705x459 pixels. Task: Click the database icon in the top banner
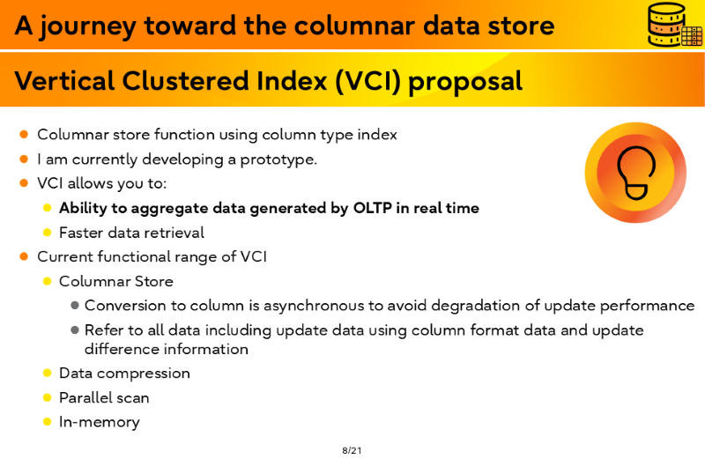pyautogui.click(x=674, y=25)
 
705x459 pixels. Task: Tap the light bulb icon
pyautogui.click(x=635, y=173)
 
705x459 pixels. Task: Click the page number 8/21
pyautogui.click(x=352, y=450)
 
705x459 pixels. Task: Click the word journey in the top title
pyautogui.click(x=87, y=26)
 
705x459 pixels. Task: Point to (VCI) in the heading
pyautogui.click(x=367, y=81)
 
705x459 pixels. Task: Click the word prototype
pyautogui.click(x=278, y=160)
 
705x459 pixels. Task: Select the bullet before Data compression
pyautogui.click(x=48, y=374)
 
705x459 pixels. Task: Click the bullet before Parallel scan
pyautogui.click(x=48, y=397)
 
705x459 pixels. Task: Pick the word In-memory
pyautogui.click(x=100, y=422)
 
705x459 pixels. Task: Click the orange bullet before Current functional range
pyautogui.click(x=25, y=256)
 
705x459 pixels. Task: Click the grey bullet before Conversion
pyautogui.click(x=75, y=306)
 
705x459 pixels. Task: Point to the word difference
pyautogui.click(x=122, y=349)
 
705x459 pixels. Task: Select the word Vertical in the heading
pyautogui.click(x=64, y=81)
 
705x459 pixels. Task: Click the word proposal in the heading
pyautogui.click(x=465, y=83)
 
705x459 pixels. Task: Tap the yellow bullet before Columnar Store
pyautogui.click(x=48, y=281)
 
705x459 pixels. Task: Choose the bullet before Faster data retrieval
pyautogui.click(x=48, y=233)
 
